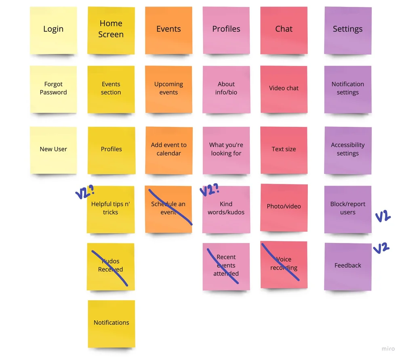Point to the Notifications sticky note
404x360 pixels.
[x=111, y=323]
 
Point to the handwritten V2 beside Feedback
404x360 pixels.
[x=381, y=248]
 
